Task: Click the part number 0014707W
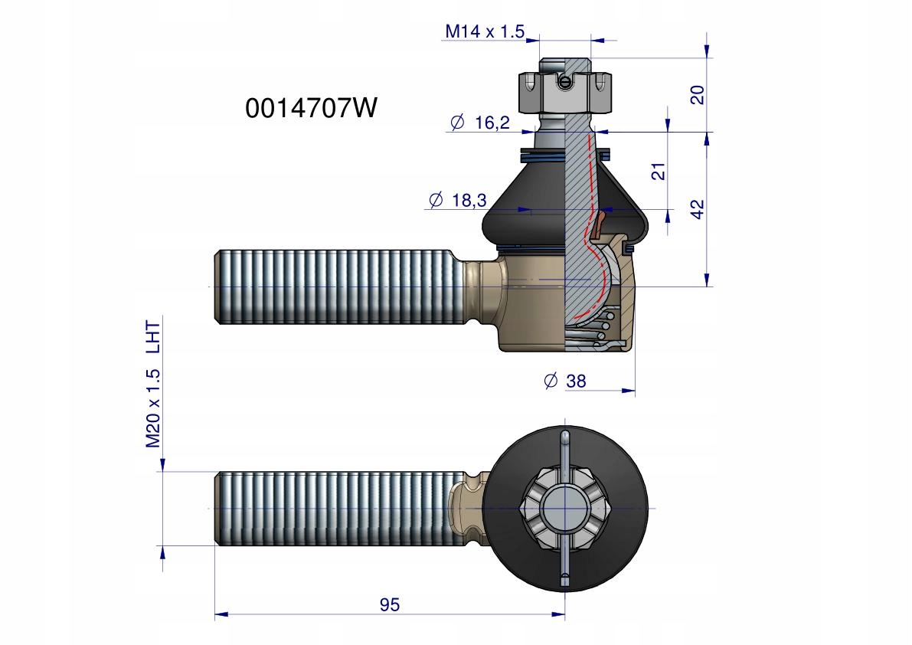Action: [x=311, y=108]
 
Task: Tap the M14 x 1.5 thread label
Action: [x=485, y=31]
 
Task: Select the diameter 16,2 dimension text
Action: [x=480, y=123]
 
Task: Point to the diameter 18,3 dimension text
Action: [x=457, y=200]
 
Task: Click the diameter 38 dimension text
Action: [x=565, y=381]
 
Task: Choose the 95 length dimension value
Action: [x=390, y=605]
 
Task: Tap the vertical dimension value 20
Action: [x=697, y=94]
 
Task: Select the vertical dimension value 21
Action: [x=658, y=172]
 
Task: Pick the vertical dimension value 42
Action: [x=697, y=209]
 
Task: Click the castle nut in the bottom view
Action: [x=565, y=509]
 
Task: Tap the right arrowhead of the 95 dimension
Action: [x=557, y=615]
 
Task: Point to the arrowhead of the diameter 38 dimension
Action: [x=628, y=390]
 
